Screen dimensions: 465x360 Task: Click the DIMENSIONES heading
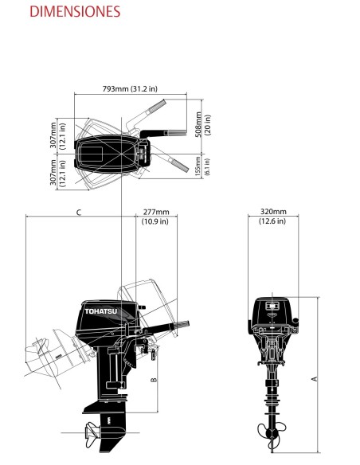(x=64, y=12)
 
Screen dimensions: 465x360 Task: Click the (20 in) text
(x=209, y=124)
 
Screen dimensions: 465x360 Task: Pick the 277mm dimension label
(x=156, y=212)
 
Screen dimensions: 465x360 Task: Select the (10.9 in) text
(x=156, y=221)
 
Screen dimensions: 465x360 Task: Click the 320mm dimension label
(x=273, y=212)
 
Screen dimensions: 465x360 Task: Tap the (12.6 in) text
(x=273, y=221)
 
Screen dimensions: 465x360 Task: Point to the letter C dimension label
(x=77, y=213)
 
